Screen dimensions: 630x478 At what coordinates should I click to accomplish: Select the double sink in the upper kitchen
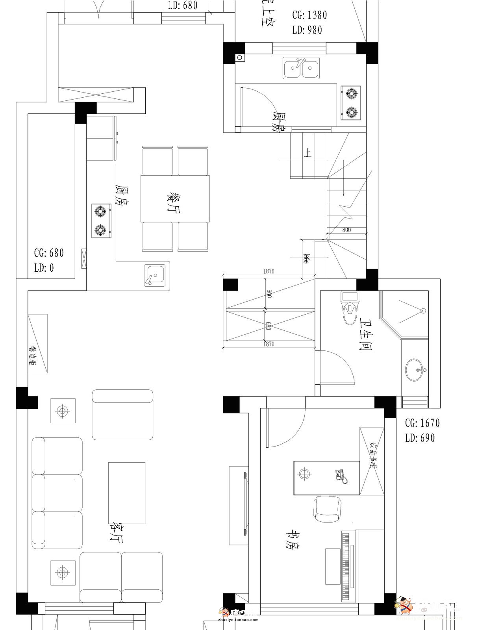[x=301, y=68]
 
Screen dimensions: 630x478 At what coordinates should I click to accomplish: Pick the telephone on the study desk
[x=340, y=475]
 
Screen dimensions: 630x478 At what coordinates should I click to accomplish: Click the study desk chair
[x=326, y=508]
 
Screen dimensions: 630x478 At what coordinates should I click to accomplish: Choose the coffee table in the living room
[x=127, y=493]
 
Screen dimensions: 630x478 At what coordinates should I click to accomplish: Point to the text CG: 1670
[x=422, y=423]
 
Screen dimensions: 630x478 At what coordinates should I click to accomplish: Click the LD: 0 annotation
[x=44, y=268]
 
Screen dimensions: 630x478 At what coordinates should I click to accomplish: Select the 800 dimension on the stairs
[x=346, y=230]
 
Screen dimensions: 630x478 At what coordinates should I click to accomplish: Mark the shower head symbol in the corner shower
[x=423, y=311]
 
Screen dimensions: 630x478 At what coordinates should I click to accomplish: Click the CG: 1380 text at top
[x=309, y=15]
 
